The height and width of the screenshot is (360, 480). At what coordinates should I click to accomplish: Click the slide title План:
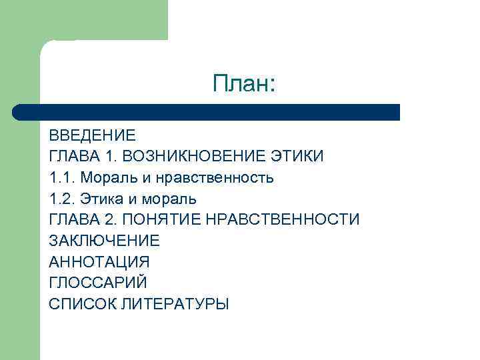pyautogui.click(x=243, y=84)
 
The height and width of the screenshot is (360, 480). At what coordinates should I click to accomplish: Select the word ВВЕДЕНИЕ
pyautogui.click(x=92, y=136)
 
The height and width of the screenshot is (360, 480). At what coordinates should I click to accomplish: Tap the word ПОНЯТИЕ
pyautogui.click(x=167, y=219)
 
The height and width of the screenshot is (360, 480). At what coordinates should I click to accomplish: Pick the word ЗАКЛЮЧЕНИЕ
pyautogui.click(x=104, y=241)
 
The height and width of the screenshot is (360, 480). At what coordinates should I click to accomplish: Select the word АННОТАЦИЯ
pyautogui.click(x=99, y=261)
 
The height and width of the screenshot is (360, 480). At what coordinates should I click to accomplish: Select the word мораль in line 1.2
pyautogui.click(x=169, y=199)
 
